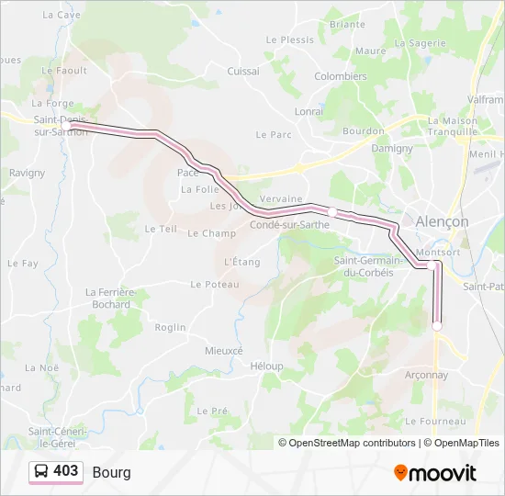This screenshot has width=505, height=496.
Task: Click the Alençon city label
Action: click(x=443, y=221)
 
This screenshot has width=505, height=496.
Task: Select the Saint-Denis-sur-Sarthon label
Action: click(x=61, y=125)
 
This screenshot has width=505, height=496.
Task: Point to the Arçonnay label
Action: click(x=427, y=375)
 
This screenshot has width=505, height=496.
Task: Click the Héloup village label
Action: click(x=266, y=366)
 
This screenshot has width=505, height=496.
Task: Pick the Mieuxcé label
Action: click(x=224, y=351)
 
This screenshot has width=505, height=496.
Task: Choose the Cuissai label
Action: click(x=243, y=71)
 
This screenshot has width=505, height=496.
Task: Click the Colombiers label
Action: click(x=341, y=77)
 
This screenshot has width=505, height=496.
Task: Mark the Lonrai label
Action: click(x=309, y=111)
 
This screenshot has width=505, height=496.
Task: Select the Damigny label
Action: click(x=391, y=147)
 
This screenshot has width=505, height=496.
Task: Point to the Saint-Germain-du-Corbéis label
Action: click(x=369, y=266)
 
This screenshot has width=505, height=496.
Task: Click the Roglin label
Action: click(x=170, y=327)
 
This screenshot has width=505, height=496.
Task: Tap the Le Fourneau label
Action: click(x=436, y=422)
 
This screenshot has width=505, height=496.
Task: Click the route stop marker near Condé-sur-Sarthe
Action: click(x=331, y=212)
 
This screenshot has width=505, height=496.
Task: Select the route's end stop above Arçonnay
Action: click(x=437, y=325)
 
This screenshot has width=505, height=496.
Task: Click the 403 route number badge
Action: click(x=56, y=471)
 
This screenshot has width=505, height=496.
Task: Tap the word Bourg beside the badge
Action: click(x=111, y=472)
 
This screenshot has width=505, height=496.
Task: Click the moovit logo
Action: click(x=435, y=473)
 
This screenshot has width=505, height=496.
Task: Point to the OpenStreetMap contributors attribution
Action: click(x=353, y=443)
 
